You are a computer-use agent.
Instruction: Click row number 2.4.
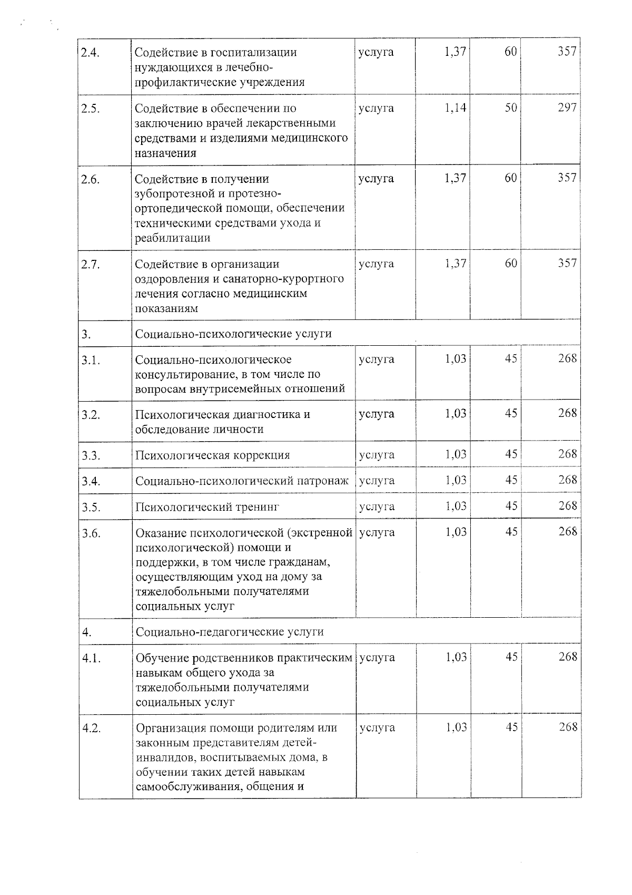(x=90, y=52)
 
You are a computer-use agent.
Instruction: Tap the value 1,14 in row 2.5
(x=455, y=108)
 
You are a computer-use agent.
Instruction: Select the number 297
(x=567, y=108)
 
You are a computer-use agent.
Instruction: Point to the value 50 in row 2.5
(x=510, y=108)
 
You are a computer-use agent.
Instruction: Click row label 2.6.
(x=90, y=179)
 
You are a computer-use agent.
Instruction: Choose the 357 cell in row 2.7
(x=567, y=263)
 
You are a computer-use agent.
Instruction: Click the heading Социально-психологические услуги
(x=233, y=334)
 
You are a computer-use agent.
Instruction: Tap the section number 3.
(x=86, y=334)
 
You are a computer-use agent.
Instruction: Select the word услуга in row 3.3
(x=376, y=454)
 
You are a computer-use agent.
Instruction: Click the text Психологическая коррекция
(x=212, y=455)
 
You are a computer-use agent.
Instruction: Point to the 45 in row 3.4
(x=511, y=480)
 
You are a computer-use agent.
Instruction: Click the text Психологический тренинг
(x=207, y=507)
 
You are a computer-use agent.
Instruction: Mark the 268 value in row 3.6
(x=568, y=531)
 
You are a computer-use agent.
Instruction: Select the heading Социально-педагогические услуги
(x=230, y=631)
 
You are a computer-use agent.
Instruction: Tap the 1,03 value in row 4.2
(x=456, y=727)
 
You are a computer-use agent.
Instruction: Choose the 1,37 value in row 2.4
(x=455, y=52)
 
